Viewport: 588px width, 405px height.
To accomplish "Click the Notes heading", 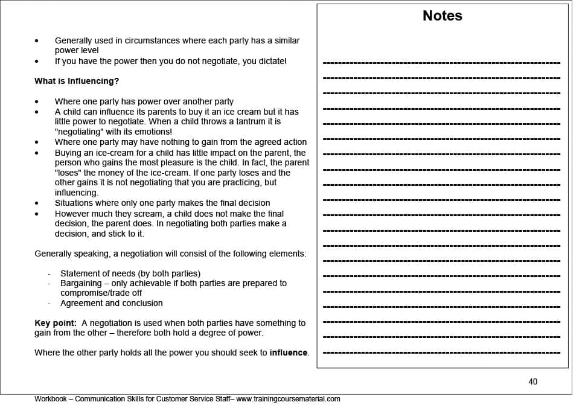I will click(x=442, y=16).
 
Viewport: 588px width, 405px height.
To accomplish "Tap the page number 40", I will click(x=532, y=381).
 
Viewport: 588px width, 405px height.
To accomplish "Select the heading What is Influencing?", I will click(x=77, y=81).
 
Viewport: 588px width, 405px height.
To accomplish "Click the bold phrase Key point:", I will click(x=56, y=323).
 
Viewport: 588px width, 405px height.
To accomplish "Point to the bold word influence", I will click(x=289, y=352).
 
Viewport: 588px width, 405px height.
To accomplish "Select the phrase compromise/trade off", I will click(x=101, y=293).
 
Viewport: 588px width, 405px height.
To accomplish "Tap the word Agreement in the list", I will click(x=81, y=303).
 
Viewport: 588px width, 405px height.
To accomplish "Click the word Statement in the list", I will click(x=80, y=273).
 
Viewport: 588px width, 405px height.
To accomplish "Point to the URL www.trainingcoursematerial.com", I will click(x=288, y=399).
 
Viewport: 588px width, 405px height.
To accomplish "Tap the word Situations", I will click(x=75, y=203).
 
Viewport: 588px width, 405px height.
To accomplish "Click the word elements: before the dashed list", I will click(x=287, y=254).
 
